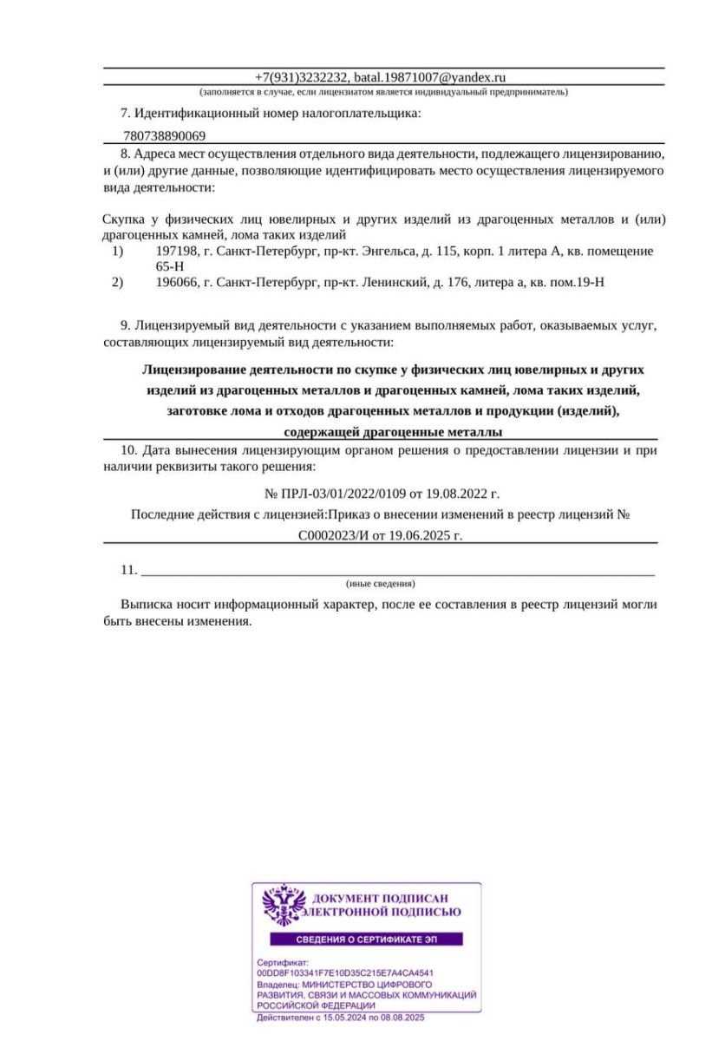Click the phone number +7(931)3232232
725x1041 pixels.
pos(301,77)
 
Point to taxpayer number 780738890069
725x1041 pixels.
pos(165,136)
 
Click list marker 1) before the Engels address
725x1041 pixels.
pos(119,251)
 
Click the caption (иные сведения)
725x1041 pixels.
pos(380,583)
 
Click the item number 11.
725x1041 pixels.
pos(129,570)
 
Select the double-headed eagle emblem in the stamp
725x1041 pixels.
pos(284,906)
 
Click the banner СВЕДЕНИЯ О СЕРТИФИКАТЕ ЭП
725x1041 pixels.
pos(366,940)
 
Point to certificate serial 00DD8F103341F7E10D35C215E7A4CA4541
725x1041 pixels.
pos(345,973)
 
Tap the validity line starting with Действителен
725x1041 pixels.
pos(340,1017)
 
